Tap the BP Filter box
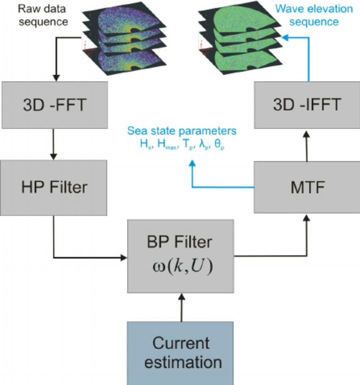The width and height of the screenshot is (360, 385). (180, 255)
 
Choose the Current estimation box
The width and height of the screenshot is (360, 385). (180, 353)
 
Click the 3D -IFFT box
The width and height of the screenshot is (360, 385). (306, 105)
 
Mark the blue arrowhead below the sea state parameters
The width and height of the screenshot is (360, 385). (193, 165)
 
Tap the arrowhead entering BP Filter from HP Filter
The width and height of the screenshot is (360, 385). (124, 257)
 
